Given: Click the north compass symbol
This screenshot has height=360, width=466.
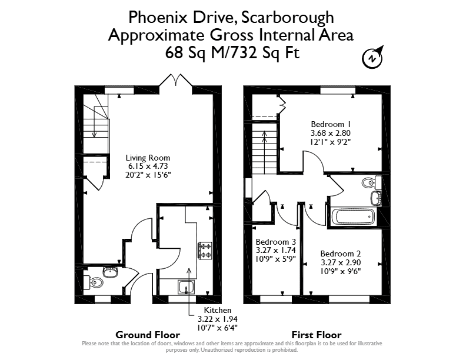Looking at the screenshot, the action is [x=372, y=57].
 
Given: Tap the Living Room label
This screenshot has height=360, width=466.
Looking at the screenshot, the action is [x=148, y=158].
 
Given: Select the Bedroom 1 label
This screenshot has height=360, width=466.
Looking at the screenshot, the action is [x=331, y=124].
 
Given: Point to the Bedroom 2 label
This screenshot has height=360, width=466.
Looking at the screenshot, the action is [x=341, y=254].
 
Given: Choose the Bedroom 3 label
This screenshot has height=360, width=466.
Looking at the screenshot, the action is [x=276, y=242].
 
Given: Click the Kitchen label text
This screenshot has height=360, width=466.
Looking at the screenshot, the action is [x=218, y=310].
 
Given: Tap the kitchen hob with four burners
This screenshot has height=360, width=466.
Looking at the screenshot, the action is [x=205, y=251].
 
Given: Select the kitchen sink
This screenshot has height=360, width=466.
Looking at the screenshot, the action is [x=187, y=287].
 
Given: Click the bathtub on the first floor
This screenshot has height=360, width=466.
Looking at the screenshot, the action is [x=354, y=217].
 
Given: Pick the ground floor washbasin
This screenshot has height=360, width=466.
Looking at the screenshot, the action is [x=111, y=272].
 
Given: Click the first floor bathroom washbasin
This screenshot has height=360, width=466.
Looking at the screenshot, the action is [x=376, y=198].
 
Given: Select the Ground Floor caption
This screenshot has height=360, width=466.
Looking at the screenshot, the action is [x=148, y=335].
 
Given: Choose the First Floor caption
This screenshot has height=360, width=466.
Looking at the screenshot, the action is [x=317, y=335].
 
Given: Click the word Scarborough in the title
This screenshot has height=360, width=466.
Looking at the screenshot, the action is [x=287, y=18].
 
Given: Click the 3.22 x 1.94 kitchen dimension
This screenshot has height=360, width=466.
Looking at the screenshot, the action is [x=218, y=319].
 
